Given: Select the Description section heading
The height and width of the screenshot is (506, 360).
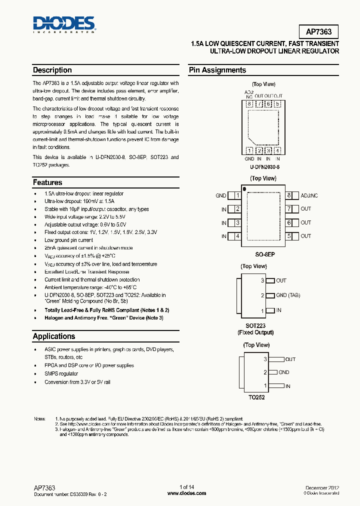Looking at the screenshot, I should point(52,70).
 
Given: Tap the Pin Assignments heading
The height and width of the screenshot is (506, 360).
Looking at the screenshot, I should point(217,70).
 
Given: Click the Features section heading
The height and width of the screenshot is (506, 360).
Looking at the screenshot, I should point(47,182).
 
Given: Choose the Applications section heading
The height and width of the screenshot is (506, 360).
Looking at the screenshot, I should point(54,336).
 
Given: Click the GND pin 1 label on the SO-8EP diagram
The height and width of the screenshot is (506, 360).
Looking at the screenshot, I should point(221,195).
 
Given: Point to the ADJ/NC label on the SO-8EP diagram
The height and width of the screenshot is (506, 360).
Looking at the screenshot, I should point(309,195).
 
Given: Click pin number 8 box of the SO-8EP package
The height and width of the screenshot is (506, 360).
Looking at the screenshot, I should point(289,195).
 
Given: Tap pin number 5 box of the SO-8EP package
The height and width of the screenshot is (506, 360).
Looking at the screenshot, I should point(289,236).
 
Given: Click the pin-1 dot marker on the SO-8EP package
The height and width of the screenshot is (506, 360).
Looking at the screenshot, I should point(244,189).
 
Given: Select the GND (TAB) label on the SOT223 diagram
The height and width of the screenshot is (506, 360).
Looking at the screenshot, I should point(288,295).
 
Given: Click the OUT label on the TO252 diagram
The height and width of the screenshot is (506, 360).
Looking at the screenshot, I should point(290,359).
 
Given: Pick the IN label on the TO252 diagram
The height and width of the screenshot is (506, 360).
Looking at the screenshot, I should point(288,386).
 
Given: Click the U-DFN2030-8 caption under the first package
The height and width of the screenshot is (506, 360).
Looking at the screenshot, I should point(264,166).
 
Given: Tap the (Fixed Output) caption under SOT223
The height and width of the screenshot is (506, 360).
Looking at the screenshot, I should point(255,332).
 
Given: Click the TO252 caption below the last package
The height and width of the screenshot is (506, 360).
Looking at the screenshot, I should point(255,397).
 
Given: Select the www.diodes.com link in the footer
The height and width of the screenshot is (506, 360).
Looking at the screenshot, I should point(186,493).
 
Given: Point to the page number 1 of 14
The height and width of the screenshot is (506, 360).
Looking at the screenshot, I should point(186,487).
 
